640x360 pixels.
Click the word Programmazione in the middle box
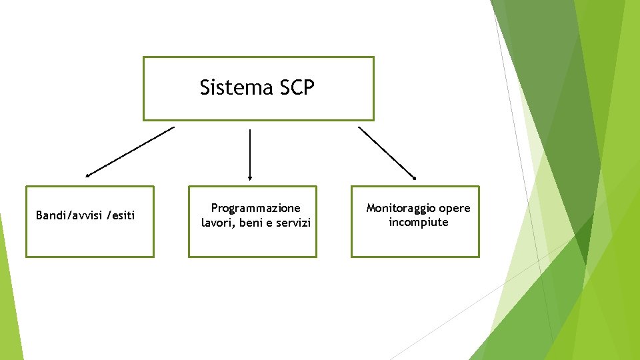pyautogui.click(x=256, y=209)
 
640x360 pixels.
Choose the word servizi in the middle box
pyautogui.click(x=294, y=223)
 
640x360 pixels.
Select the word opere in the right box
pyautogui.click(x=455, y=209)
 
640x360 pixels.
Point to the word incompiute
pyautogui.click(x=419, y=223)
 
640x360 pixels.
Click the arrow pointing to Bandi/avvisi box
pyautogui.click(x=130, y=152)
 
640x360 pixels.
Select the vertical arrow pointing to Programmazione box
pyautogui.click(x=250, y=153)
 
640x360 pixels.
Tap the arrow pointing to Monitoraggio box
pyautogui.click(x=387, y=153)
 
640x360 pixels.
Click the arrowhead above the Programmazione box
pyautogui.click(x=250, y=177)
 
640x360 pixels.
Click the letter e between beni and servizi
pyautogui.click(x=271, y=223)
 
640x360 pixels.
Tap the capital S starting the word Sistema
pyautogui.click(x=205, y=88)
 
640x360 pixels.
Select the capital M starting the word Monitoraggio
pyautogui.click(x=371, y=209)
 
